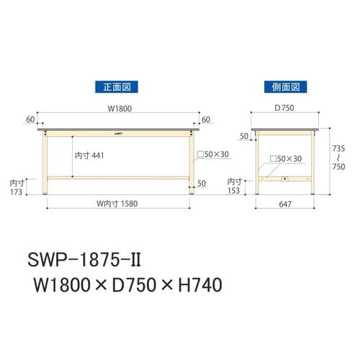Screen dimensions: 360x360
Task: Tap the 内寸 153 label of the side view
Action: coord(235,187)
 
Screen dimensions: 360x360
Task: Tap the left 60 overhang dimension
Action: coord(30,119)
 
